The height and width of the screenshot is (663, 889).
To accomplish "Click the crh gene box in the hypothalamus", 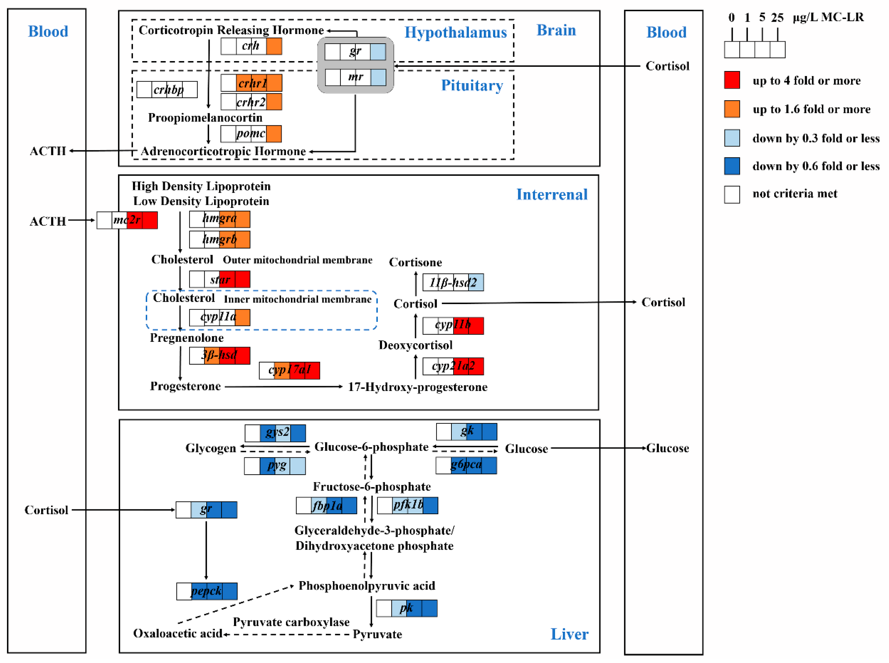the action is click(251, 46).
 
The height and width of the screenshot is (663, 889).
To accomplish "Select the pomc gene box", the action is click(251, 134).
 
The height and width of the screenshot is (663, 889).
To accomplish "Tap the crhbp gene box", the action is click(167, 90).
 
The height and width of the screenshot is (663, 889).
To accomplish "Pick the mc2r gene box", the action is click(127, 220).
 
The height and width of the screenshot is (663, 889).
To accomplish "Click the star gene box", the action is click(220, 279).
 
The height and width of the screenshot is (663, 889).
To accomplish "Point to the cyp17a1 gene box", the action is click(289, 370).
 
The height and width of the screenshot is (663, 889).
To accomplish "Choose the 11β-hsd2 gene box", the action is click(453, 282).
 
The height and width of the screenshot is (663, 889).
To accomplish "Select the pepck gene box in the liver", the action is click(207, 591).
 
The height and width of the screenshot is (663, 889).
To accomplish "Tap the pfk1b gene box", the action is click(408, 505).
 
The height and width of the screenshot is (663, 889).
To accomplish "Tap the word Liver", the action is click(569, 634).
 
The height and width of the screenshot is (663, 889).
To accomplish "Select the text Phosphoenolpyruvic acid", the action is click(367, 586).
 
